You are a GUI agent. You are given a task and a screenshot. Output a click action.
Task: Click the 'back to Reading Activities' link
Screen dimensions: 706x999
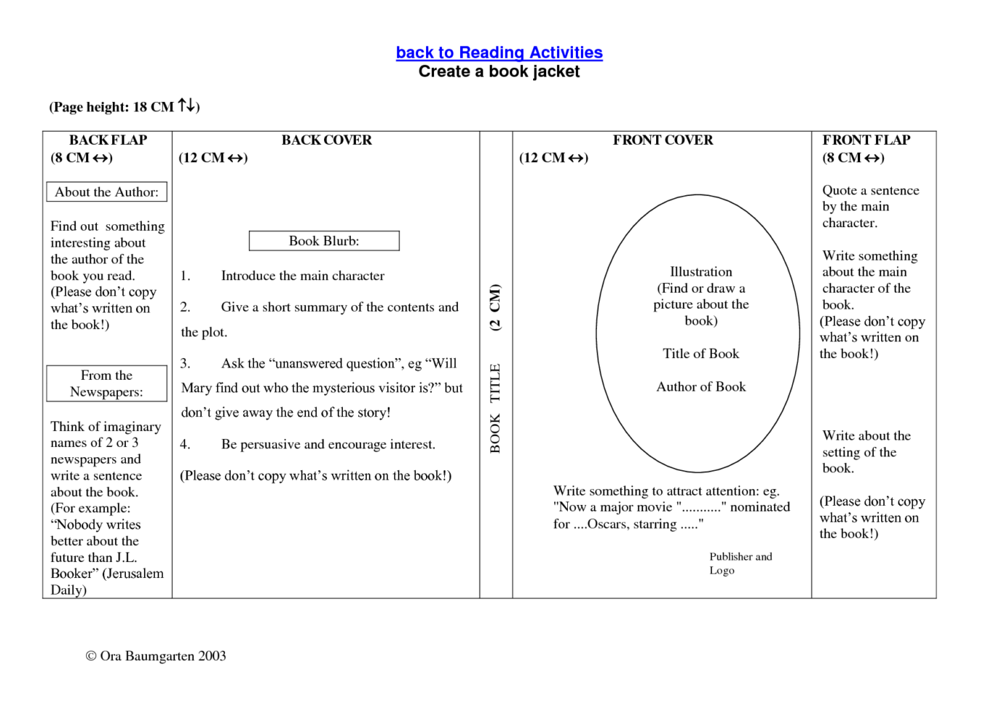click(499, 52)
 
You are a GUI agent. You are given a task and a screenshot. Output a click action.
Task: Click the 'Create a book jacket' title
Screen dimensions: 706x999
click(499, 71)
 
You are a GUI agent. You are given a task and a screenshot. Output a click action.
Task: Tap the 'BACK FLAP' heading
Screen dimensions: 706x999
click(108, 140)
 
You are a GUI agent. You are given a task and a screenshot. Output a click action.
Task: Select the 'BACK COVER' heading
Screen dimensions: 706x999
click(326, 140)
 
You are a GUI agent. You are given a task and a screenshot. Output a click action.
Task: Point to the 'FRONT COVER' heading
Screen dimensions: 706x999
click(663, 140)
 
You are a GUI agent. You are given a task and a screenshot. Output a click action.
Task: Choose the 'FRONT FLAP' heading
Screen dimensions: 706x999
click(866, 140)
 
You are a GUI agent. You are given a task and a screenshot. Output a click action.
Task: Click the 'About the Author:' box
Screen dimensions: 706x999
click(106, 192)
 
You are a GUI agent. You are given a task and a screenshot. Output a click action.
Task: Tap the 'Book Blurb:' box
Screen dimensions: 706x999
click(324, 241)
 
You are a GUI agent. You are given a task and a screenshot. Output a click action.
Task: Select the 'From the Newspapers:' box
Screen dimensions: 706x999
click(106, 384)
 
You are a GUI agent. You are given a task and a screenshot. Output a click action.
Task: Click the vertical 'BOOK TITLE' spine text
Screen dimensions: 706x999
click(495, 408)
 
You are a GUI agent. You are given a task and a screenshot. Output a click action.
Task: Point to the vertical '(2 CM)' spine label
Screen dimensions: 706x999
click(495, 308)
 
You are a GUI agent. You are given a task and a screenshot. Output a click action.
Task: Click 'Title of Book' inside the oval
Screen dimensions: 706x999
click(700, 354)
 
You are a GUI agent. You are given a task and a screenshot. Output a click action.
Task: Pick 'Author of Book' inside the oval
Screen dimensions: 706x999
click(700, 387)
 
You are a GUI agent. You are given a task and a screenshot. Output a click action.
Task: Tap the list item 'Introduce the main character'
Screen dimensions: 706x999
click(302, 276)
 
